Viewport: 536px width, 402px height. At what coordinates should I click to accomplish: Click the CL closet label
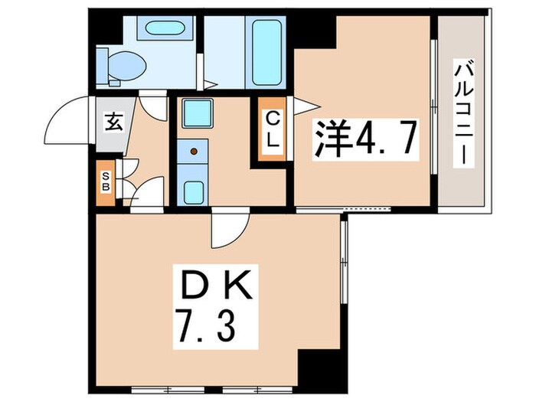click(273, 130)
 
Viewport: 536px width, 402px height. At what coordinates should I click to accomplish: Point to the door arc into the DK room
click(230, 230)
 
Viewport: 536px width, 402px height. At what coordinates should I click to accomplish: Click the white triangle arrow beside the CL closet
click(304, 103)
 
